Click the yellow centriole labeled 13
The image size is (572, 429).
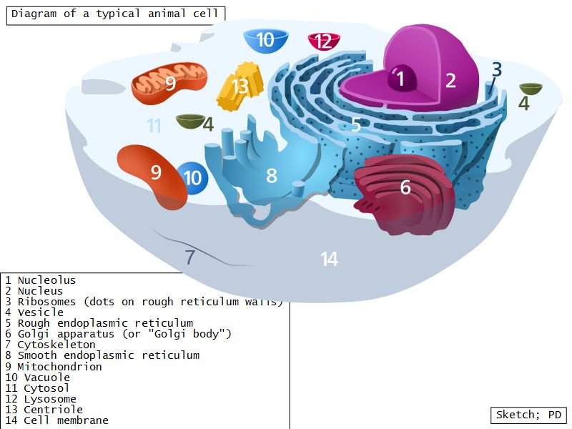240,87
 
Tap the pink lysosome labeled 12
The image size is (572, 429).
323,41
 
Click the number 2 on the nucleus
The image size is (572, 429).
450,80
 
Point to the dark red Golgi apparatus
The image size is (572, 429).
404,193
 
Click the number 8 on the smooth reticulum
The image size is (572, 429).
271,175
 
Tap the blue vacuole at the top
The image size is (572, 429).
265,39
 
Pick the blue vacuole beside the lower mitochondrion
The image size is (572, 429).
192,177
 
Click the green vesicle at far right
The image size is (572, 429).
531,89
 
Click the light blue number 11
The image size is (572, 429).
154,127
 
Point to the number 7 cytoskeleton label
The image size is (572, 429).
189,257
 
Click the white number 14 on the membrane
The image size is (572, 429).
329,259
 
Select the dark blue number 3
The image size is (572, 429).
496,70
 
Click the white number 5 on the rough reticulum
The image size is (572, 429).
355,125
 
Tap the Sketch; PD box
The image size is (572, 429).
528,415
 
